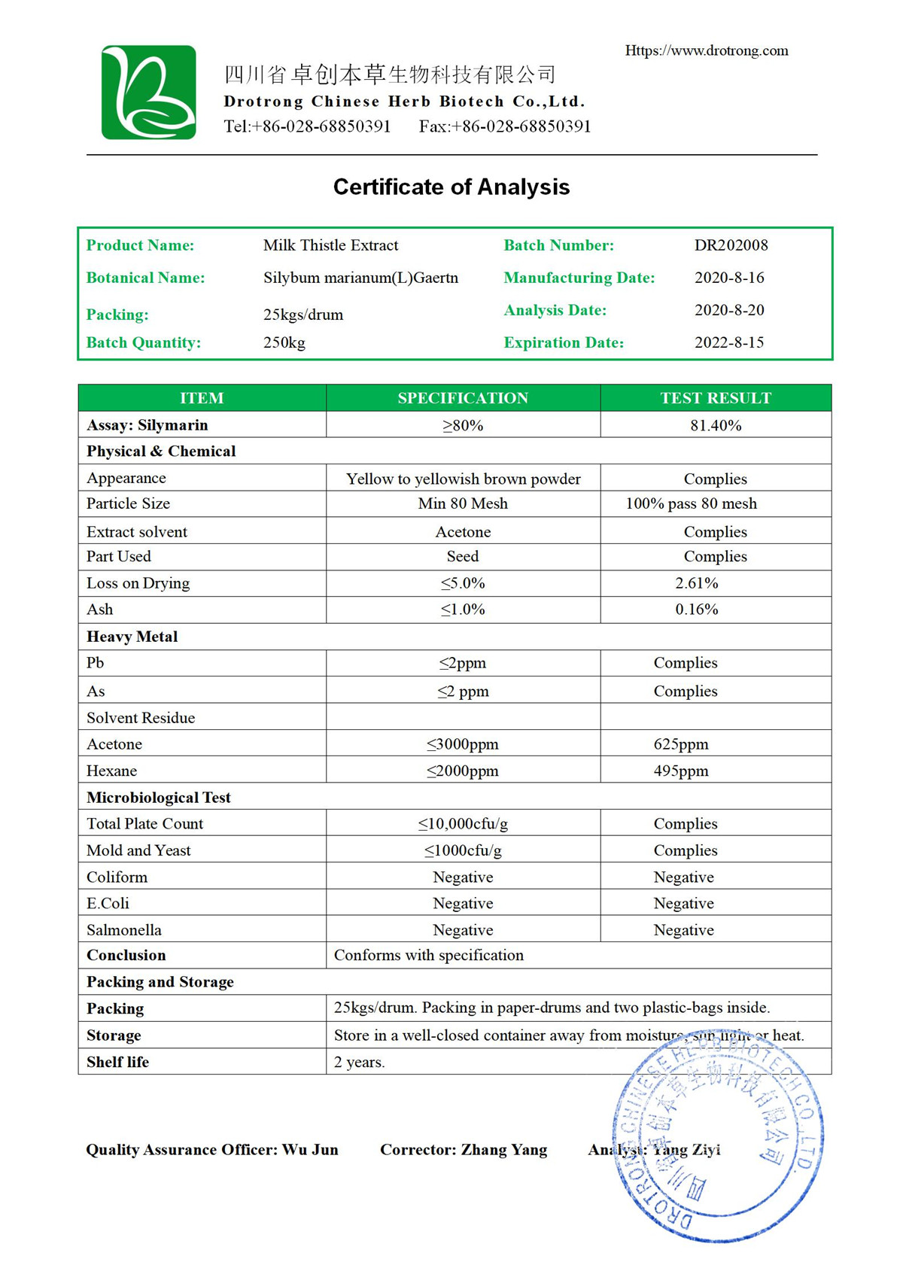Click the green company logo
point(149,93)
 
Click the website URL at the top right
point(707,50)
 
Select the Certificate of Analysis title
point(451,187)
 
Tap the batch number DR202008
point(731,245)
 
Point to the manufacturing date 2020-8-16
point(728,278)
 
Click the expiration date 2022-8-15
point(728,342)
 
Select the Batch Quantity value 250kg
point(284,343)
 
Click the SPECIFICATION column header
point(463,398)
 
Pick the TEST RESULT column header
point(716,398)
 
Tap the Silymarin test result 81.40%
point(716,425)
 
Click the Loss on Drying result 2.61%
point(697,583)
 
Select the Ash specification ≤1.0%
point(463,610)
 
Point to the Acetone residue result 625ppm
point(681,744)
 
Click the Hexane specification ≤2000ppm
point(463,771)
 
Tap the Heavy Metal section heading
point(132,637)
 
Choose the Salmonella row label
point(124,930)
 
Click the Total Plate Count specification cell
point(463,824)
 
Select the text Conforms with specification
point(429,956)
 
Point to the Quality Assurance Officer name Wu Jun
point(310,1150)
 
